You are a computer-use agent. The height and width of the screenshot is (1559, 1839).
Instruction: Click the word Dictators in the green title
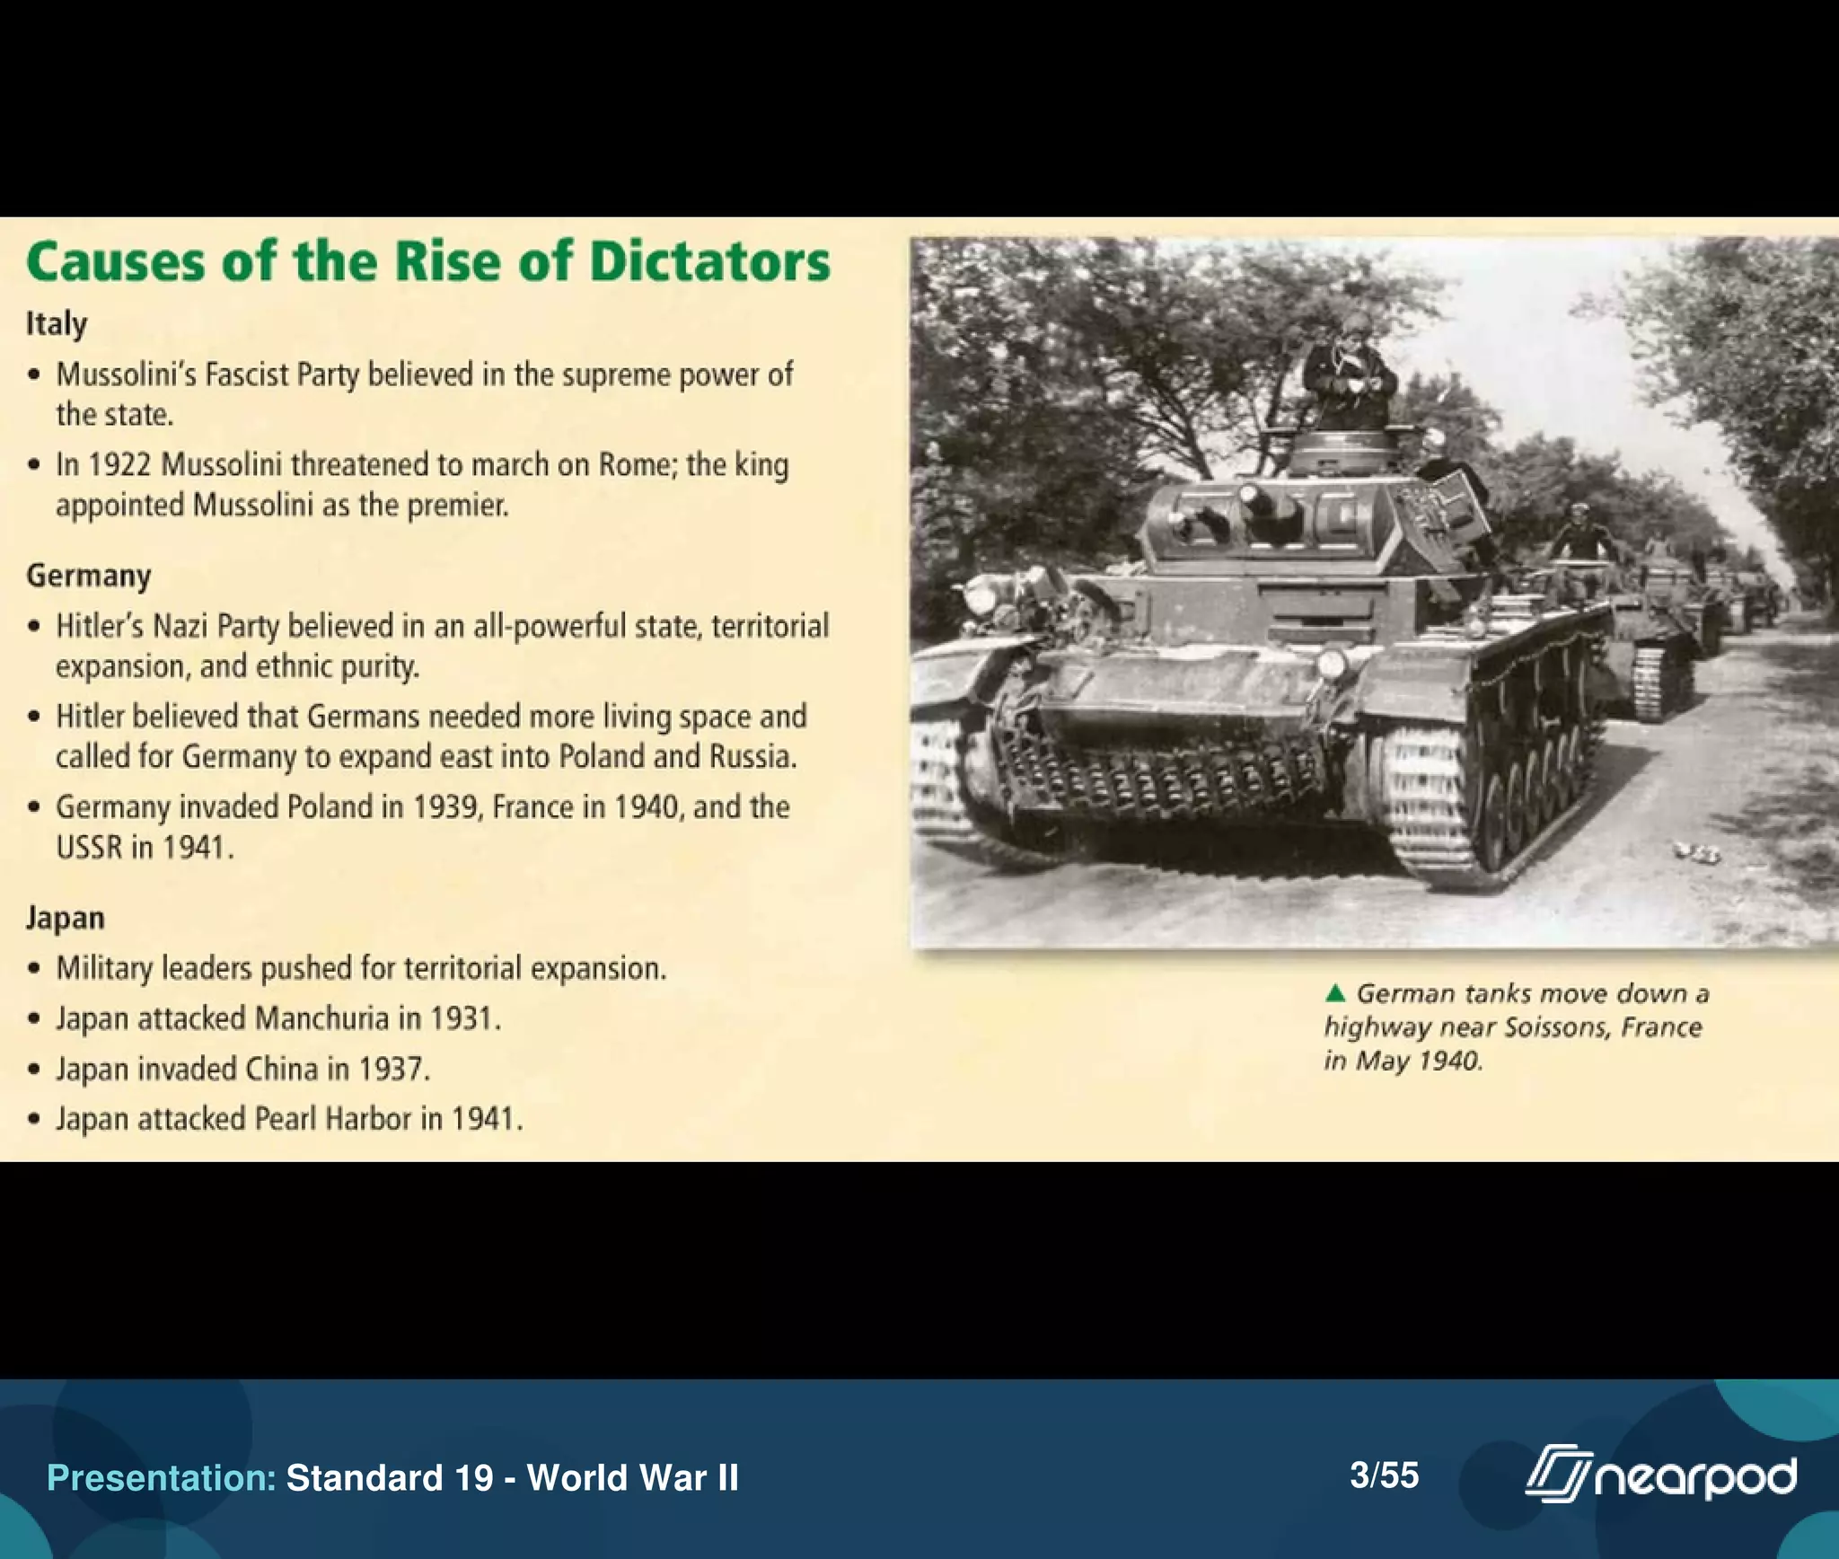pos(709,262)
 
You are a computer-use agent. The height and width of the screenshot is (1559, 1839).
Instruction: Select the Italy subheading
pos(57,324)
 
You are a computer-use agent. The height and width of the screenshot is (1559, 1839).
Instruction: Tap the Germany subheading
pos(88,576)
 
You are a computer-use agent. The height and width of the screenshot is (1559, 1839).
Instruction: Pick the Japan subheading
pos(65,918)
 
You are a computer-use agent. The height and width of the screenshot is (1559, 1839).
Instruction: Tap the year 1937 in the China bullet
pos(393,1070)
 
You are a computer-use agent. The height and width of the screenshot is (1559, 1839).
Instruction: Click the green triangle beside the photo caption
pos(1335,993)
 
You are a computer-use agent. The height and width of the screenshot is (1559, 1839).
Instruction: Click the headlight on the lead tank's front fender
pos(1331,665)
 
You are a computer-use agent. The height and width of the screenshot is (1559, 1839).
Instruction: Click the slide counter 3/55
pos(1384,1475)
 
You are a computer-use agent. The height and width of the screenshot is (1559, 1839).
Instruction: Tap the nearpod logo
pos(1660,1475)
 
